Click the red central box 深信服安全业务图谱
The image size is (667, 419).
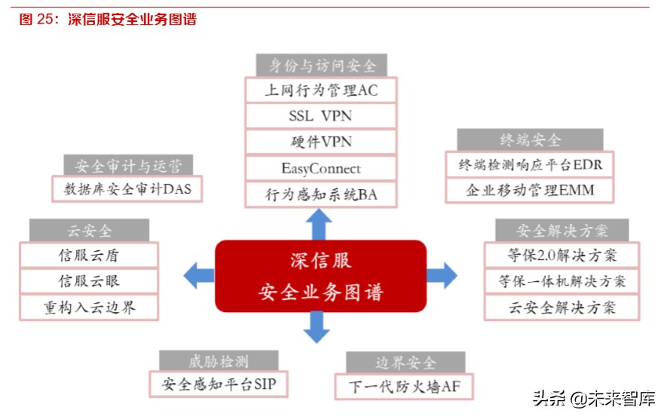[320, 276]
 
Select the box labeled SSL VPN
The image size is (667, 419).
[320, 116]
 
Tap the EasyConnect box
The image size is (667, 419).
[320, 168]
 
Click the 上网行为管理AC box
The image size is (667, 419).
[320, 90]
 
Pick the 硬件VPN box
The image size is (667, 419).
[320, 142]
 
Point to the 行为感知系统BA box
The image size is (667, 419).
[320, 194]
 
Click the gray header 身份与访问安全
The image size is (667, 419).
[320, 65]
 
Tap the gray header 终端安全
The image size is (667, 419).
[530, 139]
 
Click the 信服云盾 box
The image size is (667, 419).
[89, 255]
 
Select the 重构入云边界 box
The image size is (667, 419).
[89, 307]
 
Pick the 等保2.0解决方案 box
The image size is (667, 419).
[561, 255]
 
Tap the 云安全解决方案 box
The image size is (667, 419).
[561, 307]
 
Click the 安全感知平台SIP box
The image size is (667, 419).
[219, 384]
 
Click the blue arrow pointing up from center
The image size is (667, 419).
[321, 224]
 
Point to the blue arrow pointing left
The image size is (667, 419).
[197, 274]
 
